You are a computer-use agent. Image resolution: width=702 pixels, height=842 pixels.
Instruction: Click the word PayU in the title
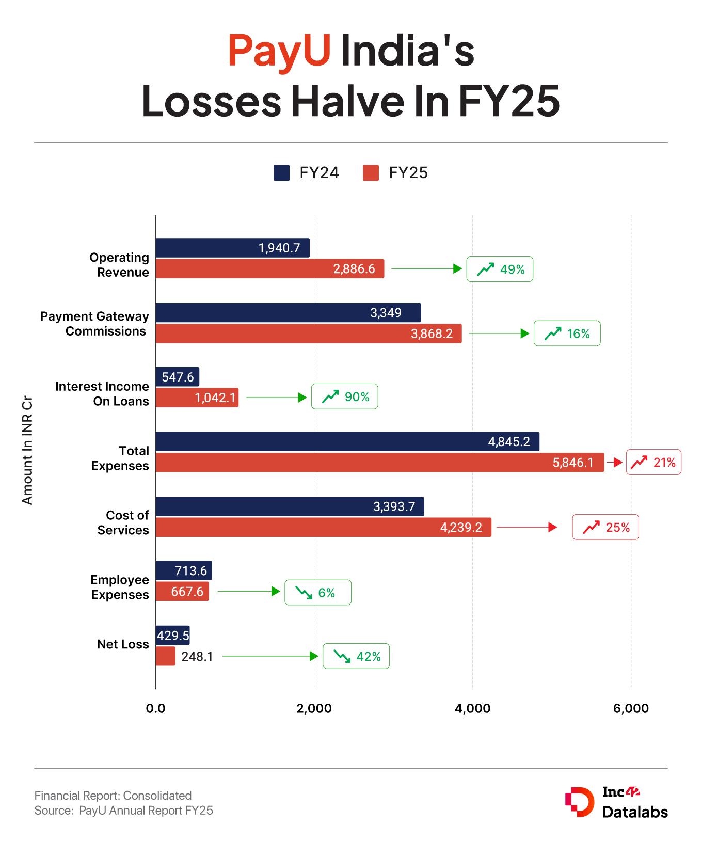[279, 50]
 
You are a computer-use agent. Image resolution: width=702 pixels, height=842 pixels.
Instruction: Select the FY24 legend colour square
[281, 172]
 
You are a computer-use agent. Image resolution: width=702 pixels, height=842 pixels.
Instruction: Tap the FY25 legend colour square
[371, 172]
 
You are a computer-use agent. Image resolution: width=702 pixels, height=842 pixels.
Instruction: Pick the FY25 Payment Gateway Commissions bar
[308, 333]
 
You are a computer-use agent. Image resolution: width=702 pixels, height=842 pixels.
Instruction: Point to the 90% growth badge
[344, 396]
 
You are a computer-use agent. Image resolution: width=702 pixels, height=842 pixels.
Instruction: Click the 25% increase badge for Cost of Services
[605, 527]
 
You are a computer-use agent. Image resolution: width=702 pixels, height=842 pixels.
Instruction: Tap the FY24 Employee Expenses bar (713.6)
[184, 570]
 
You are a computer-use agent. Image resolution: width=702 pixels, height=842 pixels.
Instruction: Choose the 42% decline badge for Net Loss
[356, 656]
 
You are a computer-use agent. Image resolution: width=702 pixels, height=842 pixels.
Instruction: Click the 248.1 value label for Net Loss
[197, 657]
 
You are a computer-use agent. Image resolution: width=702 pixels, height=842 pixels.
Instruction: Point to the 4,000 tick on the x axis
[472, 708]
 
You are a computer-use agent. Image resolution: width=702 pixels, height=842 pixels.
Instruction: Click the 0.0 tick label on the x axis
[155, 708]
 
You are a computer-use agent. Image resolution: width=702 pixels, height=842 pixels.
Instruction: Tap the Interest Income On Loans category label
[102, 393]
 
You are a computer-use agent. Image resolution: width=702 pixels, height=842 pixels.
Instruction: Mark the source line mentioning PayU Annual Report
[124, 811]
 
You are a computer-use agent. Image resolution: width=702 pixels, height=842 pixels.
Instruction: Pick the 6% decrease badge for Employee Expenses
[317, 592]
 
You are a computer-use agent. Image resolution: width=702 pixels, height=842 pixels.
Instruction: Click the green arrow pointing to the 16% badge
[499, 333]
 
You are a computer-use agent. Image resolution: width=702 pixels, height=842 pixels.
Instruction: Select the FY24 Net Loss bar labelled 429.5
[172, 636]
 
